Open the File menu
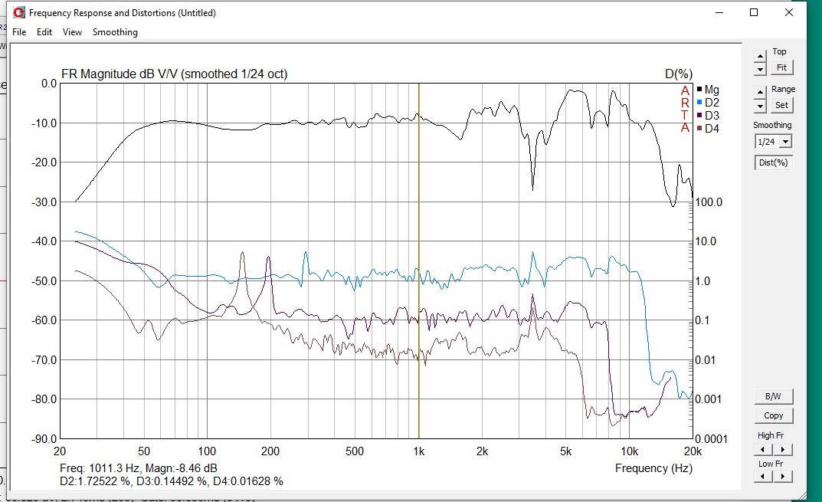(19, 32)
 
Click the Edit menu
(44, 32)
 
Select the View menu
(72, 32)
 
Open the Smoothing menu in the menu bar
(115, 32)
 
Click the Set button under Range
(781, 105)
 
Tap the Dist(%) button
(772, 162)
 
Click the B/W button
(774, 397)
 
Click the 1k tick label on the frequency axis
(418, 451)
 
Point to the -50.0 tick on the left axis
(44, 281)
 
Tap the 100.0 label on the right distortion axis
(709, 202)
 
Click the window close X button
(789, 12)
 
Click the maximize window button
(754, 12)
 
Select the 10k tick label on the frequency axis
(630, 451)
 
